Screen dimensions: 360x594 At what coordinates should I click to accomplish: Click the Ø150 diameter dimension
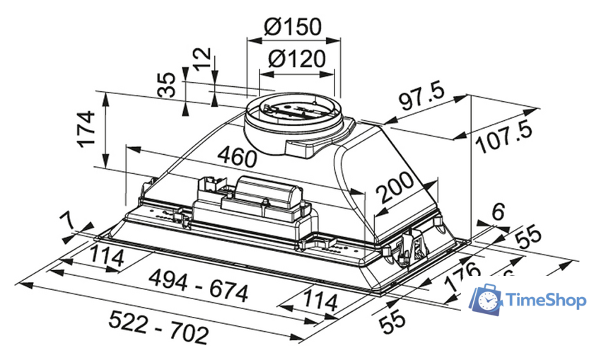292,27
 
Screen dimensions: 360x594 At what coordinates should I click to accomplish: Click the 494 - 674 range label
201,289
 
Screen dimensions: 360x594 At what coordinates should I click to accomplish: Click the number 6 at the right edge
499,210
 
